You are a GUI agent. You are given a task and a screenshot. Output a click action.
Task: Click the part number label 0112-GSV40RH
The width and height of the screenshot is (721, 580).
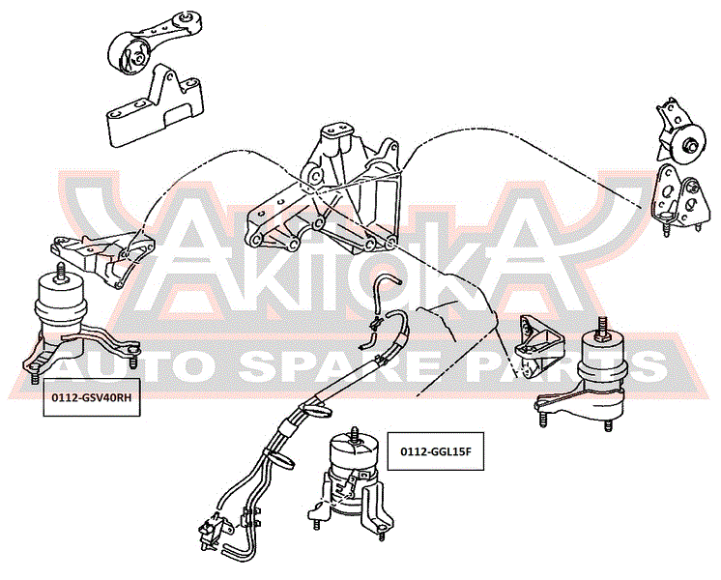92,397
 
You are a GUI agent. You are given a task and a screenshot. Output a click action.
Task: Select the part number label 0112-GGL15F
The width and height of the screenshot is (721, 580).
436,451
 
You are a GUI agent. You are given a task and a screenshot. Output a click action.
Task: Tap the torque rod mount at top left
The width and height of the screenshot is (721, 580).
154,43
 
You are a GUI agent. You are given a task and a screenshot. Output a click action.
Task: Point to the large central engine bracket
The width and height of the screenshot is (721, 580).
324,190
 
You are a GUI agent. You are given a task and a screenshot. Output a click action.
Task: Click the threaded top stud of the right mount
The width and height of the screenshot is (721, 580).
601,327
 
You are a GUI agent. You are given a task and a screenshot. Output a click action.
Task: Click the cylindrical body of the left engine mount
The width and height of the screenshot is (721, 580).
61,299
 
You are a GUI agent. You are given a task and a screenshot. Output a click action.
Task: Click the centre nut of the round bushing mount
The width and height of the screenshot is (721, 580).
691,146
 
